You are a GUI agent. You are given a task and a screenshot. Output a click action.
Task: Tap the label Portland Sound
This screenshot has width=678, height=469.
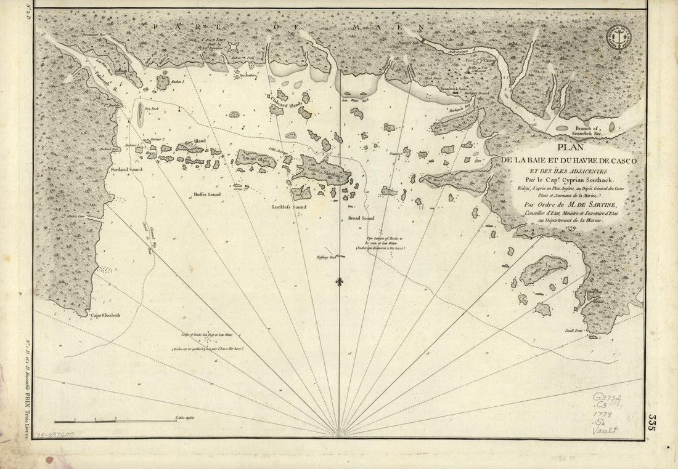127,168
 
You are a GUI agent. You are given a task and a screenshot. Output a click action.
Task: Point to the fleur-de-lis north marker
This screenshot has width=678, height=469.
339,282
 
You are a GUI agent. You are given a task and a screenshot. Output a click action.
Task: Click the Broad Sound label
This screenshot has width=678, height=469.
361,218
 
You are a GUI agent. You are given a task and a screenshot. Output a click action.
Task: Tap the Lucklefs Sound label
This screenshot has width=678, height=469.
289,207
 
